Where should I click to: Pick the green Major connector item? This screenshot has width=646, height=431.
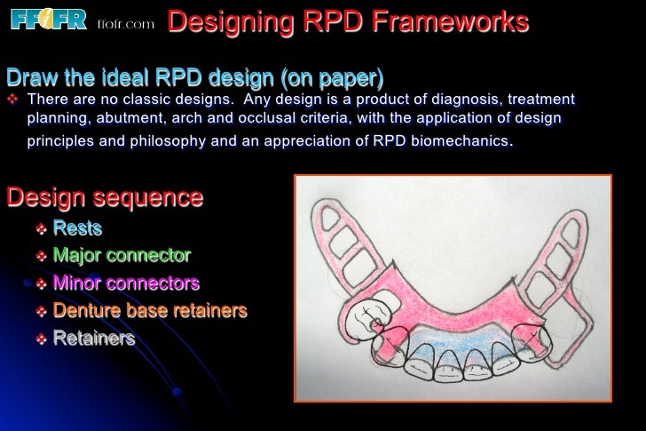click(x=122, y=256)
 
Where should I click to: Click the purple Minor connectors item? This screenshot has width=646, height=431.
click(x=126, y=283)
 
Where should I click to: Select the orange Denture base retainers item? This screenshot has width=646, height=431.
click(x=149, y=311)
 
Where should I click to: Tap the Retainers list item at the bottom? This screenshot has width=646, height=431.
click(x=94, y=339)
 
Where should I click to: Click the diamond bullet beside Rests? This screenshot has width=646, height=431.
click(x=40, y=229)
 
